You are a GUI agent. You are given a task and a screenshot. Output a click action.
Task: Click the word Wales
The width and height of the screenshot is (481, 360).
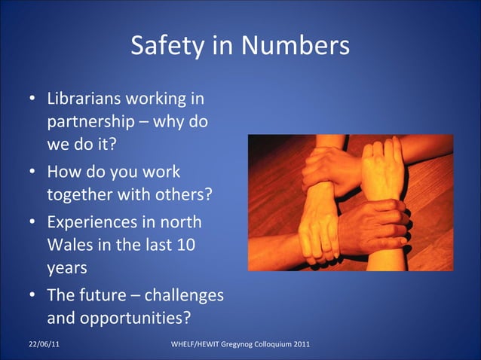click(x=70, y=245)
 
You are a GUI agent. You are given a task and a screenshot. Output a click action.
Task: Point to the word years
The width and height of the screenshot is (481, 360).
click(x=65, y=267)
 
